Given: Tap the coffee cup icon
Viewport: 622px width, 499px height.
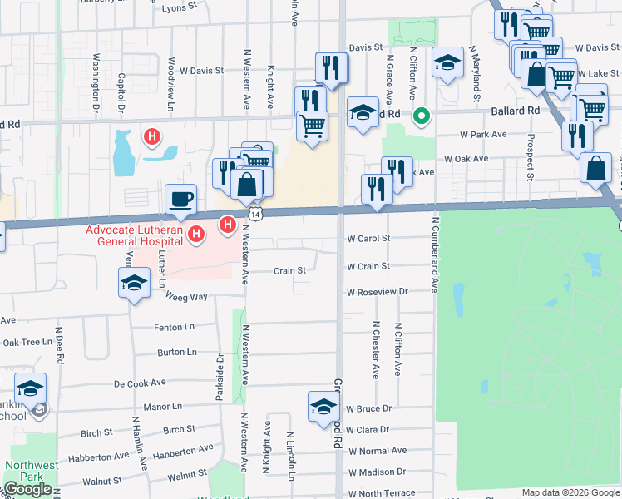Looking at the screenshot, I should point(180,199).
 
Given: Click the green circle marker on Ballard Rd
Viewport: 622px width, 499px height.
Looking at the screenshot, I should point(422,116).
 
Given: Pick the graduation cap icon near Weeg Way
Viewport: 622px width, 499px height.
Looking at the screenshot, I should point(134,284).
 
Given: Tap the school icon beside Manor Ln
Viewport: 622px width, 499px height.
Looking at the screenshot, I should point(31,388).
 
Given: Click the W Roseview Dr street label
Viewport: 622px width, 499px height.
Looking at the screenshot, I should point(378,292).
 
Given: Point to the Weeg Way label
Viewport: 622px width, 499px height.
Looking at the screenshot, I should point(185,297).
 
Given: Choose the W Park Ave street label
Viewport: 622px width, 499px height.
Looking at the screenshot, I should point(483,134).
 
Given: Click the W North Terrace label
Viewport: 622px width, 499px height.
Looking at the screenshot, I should point(382,493).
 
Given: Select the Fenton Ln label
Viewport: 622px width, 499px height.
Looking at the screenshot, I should point(174,328).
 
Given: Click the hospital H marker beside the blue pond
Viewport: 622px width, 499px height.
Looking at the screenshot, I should point(152,136).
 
